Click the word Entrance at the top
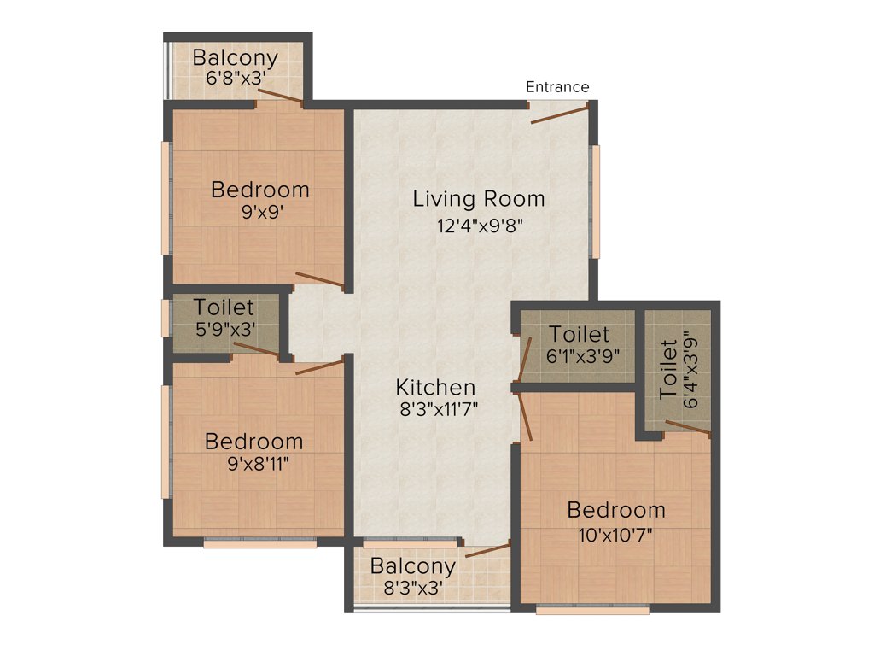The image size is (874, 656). click(x=557, y=87)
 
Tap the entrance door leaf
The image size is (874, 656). click(x=559, y=114)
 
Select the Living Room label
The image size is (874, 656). click(x=479, y=199)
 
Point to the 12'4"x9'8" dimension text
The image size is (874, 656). click(x=479, y=225)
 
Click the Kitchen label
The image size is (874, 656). click(x=437, y=387)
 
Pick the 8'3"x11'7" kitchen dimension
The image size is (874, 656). click(x=438, y=408)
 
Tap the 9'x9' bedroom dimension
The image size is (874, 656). click(x=261, y=212)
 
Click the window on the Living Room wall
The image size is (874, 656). click(x=597, y=201)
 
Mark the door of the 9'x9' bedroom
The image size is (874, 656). click(x=320, y=278)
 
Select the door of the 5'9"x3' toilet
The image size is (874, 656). click(x=255, y=348)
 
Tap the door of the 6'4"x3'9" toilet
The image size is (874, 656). click(x=688, y=427)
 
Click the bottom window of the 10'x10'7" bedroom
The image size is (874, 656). click(x=592, y=610)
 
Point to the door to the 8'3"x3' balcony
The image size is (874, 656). click(x=487, y=549)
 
